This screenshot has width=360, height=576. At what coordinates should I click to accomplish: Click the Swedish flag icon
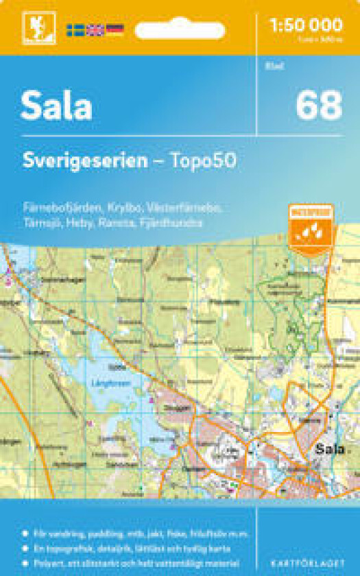pos(76,30)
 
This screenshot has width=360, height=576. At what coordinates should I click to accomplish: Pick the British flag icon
pos(95,30)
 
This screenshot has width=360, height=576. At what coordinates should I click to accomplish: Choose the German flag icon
pos(115,30)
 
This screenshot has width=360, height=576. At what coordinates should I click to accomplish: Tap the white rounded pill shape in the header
pos(180,31)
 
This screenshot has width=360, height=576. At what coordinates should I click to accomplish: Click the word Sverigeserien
pos(84,161)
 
